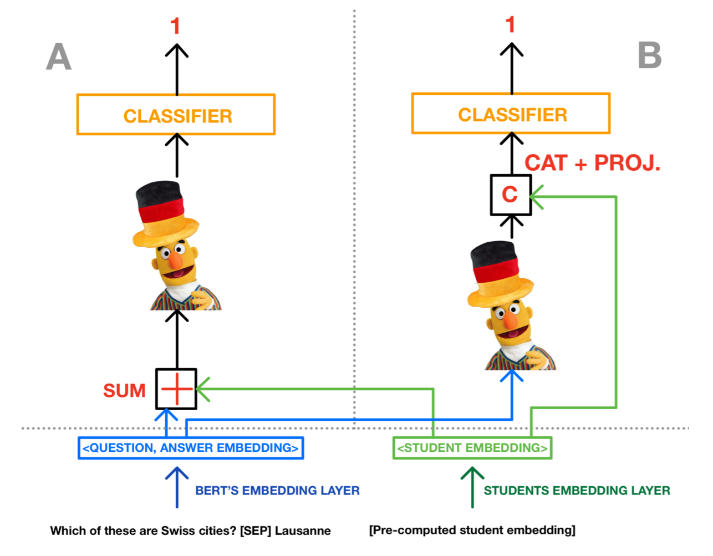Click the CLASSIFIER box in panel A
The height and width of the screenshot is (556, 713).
pos(176,115)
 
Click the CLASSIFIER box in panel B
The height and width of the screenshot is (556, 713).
pos(511,114)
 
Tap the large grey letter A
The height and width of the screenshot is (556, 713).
pos(59,57)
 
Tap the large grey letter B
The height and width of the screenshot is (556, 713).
pos(650,55)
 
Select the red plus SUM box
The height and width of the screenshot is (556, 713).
pos(176,389)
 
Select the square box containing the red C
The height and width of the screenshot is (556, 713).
pos(511,195)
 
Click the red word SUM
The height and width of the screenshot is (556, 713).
pos(124,391)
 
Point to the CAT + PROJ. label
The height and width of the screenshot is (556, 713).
pos(592,163)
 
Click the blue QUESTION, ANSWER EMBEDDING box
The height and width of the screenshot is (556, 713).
pos(191,448)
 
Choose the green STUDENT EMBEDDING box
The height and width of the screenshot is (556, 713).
pos(472,448)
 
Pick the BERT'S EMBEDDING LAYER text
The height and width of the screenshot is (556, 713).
pos(277,491)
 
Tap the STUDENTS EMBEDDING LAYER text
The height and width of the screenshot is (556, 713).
pos(577,491)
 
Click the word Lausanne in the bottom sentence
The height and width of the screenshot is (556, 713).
pos(303,531)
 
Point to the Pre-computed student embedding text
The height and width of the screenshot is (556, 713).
pos(472,531)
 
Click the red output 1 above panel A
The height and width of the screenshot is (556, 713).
pos(175,26)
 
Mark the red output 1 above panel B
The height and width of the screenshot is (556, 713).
pos(511,25)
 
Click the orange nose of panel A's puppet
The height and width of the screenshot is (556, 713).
pos(176,261)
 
